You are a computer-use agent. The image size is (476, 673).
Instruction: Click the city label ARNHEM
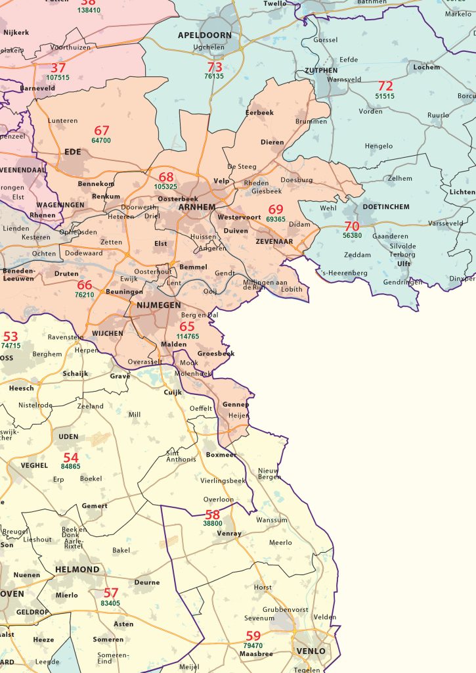196,207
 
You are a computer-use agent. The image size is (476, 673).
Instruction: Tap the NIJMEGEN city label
159,305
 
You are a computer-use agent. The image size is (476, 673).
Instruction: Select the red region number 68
166,177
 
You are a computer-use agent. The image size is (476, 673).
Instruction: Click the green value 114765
187,336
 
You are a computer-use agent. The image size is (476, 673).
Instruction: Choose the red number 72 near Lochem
385,86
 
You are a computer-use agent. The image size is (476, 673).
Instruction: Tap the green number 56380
352,235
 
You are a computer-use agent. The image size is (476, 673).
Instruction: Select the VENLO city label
311,651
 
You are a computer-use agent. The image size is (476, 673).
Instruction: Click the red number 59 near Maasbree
253,636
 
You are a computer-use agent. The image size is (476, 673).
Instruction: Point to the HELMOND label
77,570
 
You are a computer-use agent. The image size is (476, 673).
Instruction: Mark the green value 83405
110,603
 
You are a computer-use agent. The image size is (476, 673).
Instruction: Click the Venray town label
229,534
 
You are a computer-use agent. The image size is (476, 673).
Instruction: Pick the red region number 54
70,457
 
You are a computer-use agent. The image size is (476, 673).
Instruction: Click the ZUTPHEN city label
321,70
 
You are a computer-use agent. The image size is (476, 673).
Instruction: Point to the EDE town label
72,152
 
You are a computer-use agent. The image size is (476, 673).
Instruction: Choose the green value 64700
101,141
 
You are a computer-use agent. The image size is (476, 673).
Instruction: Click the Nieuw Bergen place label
269,473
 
